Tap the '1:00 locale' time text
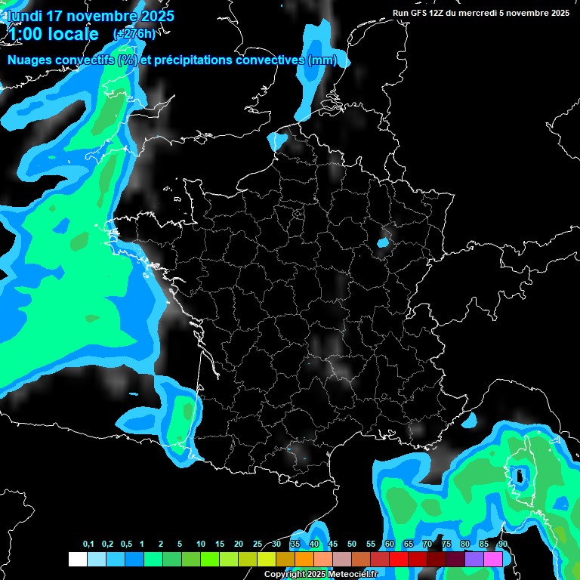click(54, 34)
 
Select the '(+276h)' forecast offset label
click(134, 34)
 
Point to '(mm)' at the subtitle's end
click(322, 60)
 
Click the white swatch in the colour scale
click(77, 559)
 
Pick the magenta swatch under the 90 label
click(492, 559)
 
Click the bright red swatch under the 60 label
click(398, 559)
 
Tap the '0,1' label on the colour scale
click(88, 545)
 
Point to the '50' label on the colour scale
click(352, 545)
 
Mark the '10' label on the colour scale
click(201, 545)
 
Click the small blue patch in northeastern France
click(383, 243)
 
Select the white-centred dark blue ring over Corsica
click(520, 476)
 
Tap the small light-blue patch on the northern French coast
click(278, 140)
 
